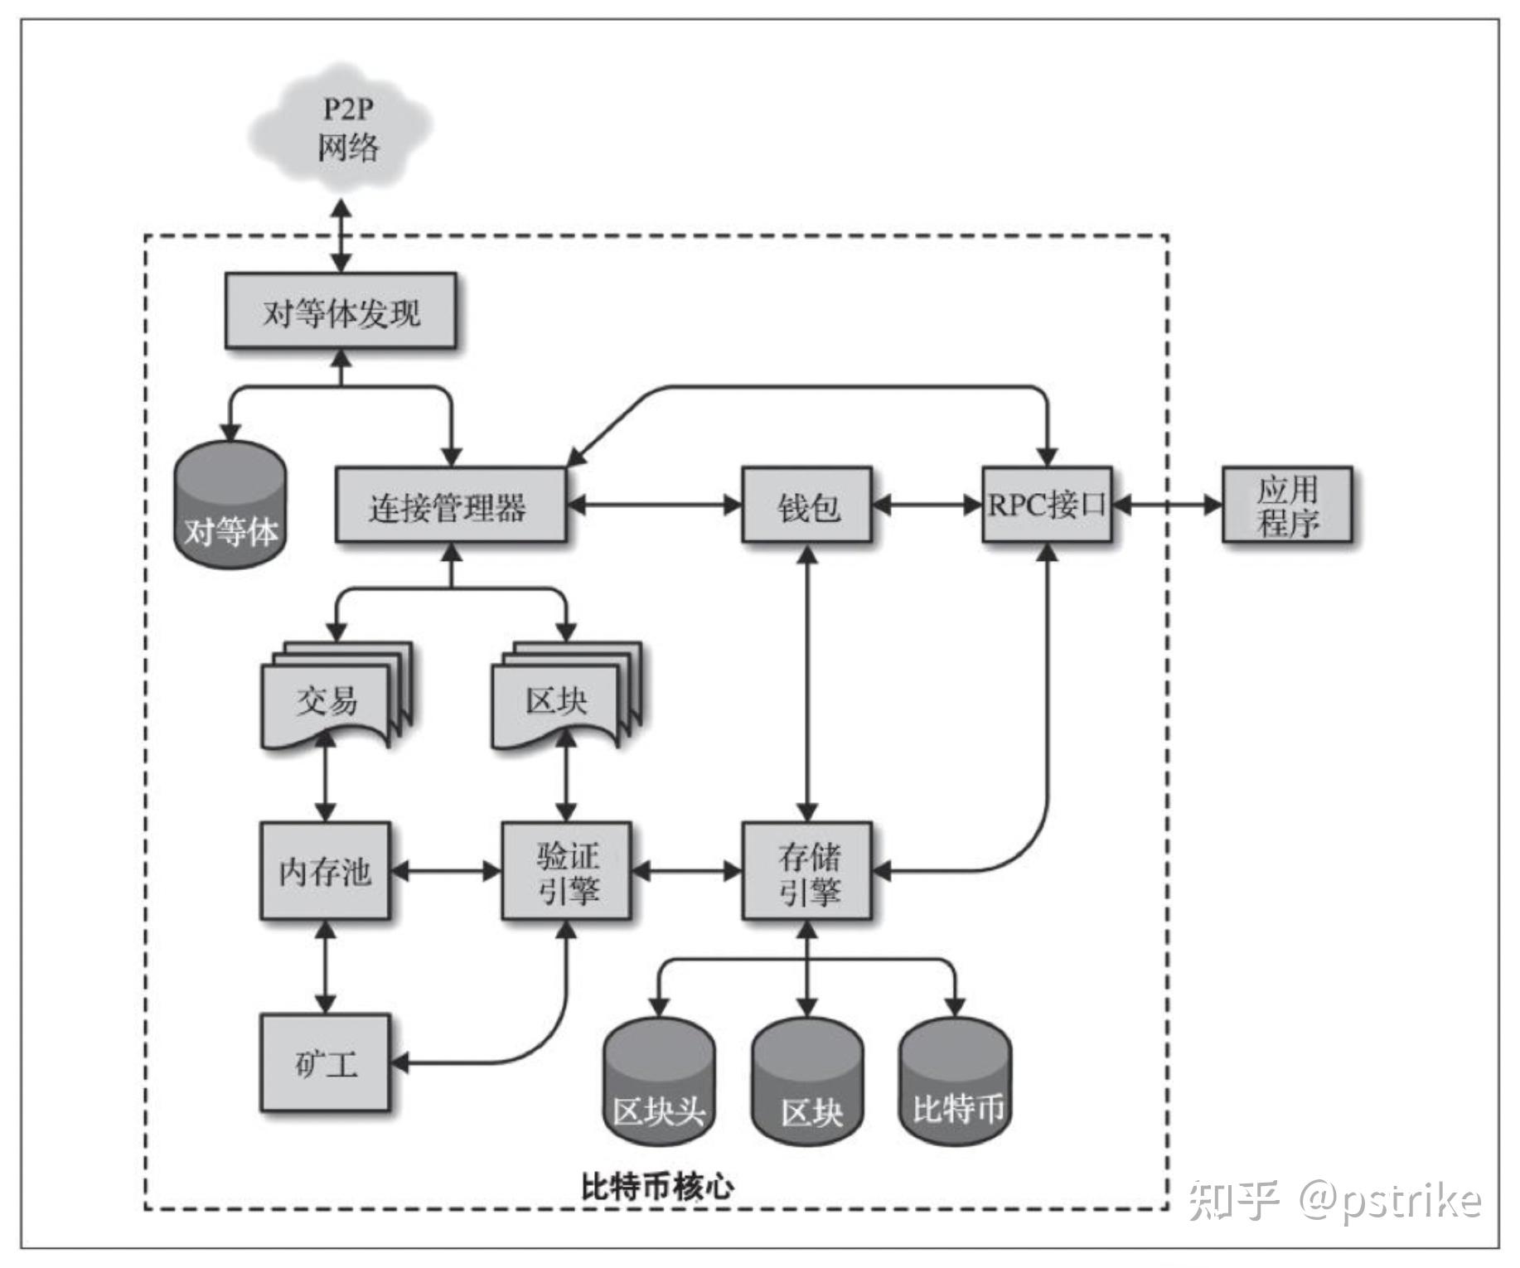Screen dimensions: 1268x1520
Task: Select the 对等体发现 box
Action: (341, 312)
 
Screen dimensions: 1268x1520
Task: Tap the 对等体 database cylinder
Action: (230, 506)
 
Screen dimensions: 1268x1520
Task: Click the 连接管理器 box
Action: (450, 506)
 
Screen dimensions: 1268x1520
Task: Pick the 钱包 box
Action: (806, 506)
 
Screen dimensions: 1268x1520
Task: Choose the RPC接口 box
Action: (1046, 506)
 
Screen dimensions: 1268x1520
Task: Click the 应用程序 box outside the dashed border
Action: (1286, 506)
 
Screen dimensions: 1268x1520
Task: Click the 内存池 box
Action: (325, 870)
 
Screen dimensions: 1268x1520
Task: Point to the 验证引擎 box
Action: (566, 870)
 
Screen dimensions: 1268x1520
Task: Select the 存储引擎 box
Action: (806, 870)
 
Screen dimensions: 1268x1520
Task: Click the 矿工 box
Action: (325, 1062)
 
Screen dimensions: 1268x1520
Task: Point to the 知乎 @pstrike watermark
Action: (1334, 1199)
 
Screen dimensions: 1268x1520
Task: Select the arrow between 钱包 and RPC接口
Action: (927, 505)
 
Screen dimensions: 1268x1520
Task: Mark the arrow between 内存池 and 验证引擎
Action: (446, 871)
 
